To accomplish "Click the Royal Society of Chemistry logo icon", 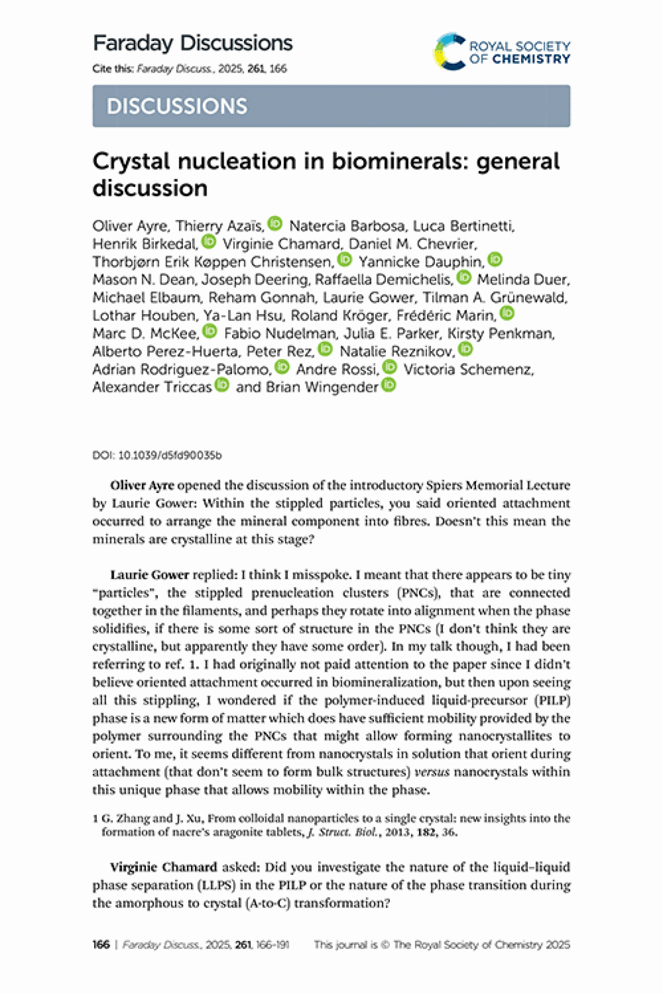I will [x=450, y=52].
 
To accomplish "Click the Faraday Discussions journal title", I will [x=193, y=43].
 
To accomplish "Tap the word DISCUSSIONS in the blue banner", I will [x=177, y=106].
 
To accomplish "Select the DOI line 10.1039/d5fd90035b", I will [x=157, y=455].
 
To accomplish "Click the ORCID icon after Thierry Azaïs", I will [x=275, y=223].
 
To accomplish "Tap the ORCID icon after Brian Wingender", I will [x=389, y=385].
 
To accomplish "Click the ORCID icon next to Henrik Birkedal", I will [x=208, y=241].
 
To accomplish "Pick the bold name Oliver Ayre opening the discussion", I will [x=142, y=485].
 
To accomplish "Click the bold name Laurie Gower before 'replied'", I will [x=150, y=575].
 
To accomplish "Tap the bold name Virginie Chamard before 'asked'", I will [x=163, y=867].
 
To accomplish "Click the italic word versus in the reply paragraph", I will [x=432, y=772].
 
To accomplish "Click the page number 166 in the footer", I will [x=101, y=944].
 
